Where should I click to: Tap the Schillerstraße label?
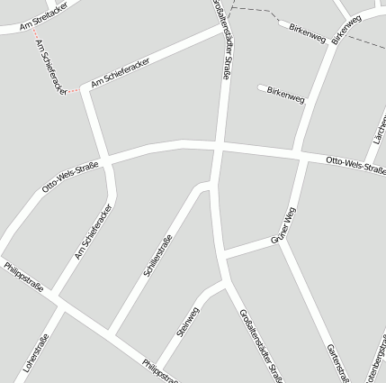157,254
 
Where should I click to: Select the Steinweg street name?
188,323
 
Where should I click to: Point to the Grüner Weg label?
283,228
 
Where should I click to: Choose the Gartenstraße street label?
335,360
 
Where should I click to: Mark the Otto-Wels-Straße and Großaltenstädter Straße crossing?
218,145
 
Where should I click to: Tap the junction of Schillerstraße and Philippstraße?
111,333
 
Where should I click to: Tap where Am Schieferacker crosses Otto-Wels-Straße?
106,162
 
